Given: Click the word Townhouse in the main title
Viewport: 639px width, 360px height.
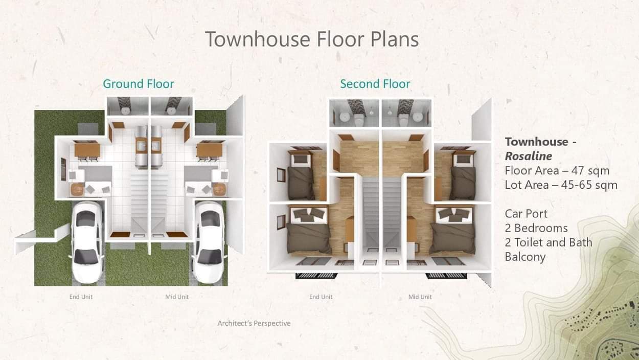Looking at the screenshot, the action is pos(258,39).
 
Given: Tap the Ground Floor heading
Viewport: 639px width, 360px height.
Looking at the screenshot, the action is pos(139,84).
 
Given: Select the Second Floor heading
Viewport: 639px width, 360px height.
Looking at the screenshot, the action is pos(375,84).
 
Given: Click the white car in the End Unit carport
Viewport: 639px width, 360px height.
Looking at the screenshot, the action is pos(87,242).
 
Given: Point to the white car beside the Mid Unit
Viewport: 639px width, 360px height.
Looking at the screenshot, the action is pos(209,242).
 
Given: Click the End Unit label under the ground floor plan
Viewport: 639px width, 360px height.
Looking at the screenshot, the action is pos(81,297).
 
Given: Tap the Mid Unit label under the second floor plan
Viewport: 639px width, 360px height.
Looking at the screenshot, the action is pos(420,297).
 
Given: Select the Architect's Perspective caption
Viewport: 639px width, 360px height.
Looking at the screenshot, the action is pos(254,323).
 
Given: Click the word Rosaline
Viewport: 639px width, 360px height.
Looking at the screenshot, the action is pos(528,156).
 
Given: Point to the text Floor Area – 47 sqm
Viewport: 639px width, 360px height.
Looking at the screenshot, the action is pos(557,171).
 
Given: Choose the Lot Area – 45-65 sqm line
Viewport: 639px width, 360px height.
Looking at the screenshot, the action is pos(561,185).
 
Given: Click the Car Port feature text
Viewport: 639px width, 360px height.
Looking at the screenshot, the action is pos(526,214).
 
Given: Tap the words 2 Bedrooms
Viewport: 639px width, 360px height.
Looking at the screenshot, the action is pos(536,228).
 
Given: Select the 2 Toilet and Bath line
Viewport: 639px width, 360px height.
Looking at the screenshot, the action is pos(549,242).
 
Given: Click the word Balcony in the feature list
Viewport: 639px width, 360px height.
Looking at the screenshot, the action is pos(525,257).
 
